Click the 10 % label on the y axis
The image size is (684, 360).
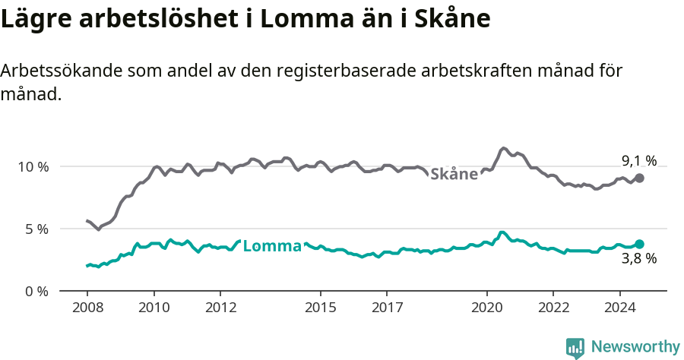pyautogui.click(x=33, y=166)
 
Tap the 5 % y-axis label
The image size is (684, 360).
pyautogui.click(x=36, y=229)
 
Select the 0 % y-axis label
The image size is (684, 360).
pyautogui.click(x=36, y=291)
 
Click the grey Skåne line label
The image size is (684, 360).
pyautogui.click(x=454, y=174)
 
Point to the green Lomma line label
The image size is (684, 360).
pyautogui.click(x=272, y=246)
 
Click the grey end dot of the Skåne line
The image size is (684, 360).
pyautogui.click(x=640, y=178)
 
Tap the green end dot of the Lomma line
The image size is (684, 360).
pyautogui.click(x=640, y=244)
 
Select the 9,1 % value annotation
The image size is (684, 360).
pyautogui.click(x=638, y=160)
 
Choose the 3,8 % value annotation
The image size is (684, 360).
pyautogui.click(x=638, y=259)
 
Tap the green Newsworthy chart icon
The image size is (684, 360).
pyautogui.click(x=575, y=348)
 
